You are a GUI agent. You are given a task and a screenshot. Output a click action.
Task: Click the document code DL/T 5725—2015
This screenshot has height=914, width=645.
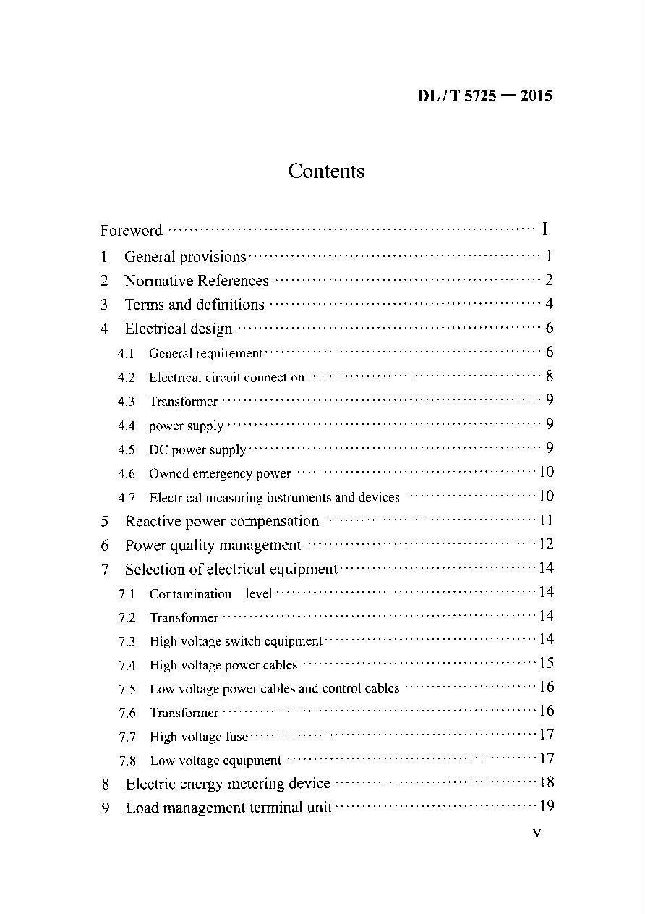coord(484,96)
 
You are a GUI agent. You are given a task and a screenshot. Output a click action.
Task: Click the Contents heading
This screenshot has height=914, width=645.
coord(326,172)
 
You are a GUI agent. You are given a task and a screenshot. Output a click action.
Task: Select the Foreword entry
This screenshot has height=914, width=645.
coord(131,231)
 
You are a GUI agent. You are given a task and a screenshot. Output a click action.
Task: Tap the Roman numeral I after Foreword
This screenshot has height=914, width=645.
coord(544,230)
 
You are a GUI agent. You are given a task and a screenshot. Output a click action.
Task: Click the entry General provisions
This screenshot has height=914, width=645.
coord(185,257)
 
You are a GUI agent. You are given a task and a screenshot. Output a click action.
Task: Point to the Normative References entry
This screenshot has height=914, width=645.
coord(196,281)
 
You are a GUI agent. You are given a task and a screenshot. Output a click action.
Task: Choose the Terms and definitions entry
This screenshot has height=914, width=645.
coord(195,305)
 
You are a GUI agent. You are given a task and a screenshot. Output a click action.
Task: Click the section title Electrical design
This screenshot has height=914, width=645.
coord(179,329)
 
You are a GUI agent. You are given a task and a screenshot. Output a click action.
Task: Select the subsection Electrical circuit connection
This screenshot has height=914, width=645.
coord(226,377)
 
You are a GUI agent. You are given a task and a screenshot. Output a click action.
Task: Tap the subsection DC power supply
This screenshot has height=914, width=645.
coord(197,449)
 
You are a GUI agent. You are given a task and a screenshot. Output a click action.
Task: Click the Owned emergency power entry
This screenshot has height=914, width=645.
coord(220,474)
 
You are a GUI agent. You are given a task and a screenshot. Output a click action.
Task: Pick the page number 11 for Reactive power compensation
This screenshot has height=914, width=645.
coord(546,520)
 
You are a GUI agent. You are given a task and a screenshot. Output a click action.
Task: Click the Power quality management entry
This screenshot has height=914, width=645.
coord(213,545)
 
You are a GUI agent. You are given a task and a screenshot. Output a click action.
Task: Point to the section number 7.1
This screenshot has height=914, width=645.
coord(127,594)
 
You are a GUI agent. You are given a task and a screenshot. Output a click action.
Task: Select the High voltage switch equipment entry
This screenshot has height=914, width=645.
coord(236,641)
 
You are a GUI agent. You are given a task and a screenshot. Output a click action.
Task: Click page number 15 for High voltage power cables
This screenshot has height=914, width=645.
coord(546,664)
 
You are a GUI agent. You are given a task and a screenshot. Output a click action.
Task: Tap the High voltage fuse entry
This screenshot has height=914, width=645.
coord(199,737)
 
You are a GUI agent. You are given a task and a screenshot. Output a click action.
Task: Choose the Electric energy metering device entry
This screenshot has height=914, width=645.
coord(228,784)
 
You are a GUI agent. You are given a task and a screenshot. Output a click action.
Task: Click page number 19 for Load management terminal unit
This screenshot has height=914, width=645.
coord(546,806)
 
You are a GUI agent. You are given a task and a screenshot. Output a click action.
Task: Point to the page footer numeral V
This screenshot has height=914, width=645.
coord(537,834)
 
